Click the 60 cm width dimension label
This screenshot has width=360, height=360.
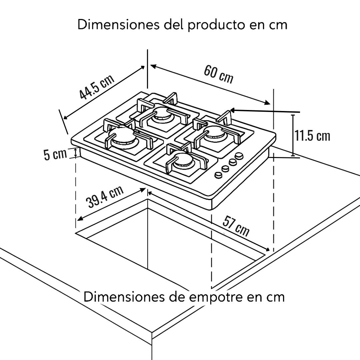point(218,74)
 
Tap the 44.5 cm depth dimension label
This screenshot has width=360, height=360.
point(97,87)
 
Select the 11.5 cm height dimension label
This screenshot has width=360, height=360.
point(312,136)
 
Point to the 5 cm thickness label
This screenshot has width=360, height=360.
point(55,154)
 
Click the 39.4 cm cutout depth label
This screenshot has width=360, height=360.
point(104,197)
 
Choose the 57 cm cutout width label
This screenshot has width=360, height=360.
point(236,226)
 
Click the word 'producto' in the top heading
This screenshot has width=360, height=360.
point(216,25)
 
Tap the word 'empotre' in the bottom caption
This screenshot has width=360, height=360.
point(217,297)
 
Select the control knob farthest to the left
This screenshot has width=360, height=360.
point(218,175)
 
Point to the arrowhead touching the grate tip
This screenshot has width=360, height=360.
point(232,110)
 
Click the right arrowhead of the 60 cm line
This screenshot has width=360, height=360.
point(268,103)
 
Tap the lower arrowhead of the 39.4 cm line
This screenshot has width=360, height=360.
point(79,219)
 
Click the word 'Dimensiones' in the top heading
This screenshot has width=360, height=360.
point(118,24)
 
